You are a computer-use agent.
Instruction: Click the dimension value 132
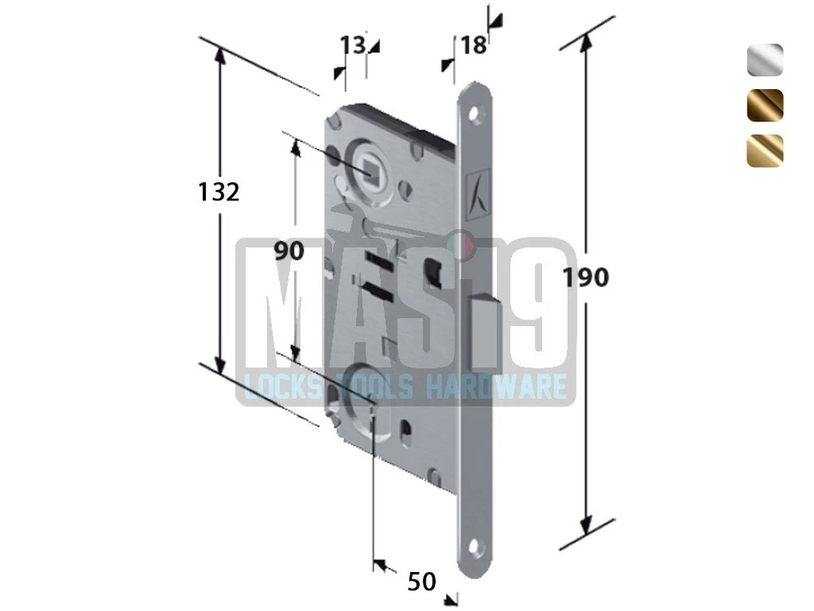coord(220,192)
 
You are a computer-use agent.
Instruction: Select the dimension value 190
coord(586,277)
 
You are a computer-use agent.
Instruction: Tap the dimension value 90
coord(289,250)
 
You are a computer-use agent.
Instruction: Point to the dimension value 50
coord(421,581)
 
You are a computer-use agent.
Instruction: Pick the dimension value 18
coord(474,44)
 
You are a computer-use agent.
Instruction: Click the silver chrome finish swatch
coord(765,60)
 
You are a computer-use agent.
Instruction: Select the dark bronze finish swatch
coord(765,104)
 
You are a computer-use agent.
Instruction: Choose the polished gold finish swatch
coord(765,149)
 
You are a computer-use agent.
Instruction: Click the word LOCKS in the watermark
coord(281,388)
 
